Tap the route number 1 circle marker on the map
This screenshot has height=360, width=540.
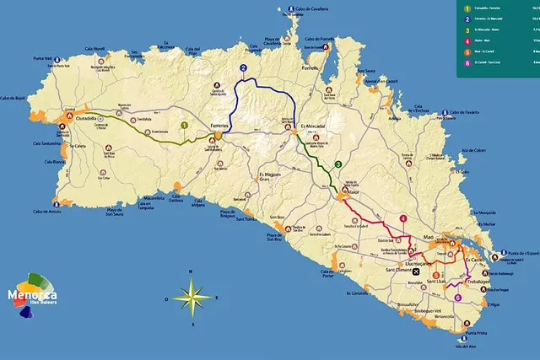pos(184,125)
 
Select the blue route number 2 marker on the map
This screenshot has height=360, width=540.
pos(243,68)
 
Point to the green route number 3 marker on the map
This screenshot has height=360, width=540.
pos(337,164)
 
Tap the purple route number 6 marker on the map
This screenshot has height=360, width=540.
pos(457,297)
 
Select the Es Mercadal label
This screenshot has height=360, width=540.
pos(312,126)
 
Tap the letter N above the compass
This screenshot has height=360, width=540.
pos(192,271)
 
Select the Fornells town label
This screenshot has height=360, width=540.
pos(312,67)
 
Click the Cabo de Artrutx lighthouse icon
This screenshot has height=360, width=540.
pos(55,202)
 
